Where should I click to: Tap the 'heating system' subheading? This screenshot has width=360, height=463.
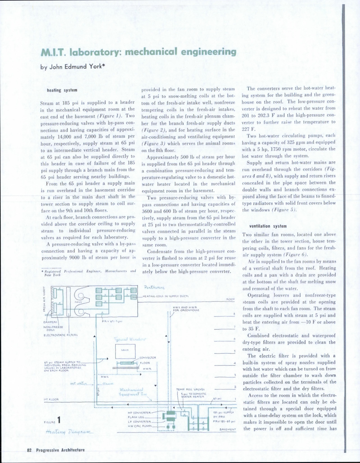[x=62, y=90]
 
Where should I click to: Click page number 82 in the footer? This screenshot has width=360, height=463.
[x=30, y=450]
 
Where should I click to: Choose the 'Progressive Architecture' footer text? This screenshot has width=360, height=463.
[x=60, y=450]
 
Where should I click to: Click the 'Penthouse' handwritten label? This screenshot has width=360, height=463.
[x=153, y=288]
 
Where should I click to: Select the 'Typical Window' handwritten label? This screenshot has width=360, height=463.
[x=130, y=339]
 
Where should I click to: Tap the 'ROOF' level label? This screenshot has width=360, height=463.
[x=231, y=299]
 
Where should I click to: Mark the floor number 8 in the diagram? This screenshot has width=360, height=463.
[x=234, y=314]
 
